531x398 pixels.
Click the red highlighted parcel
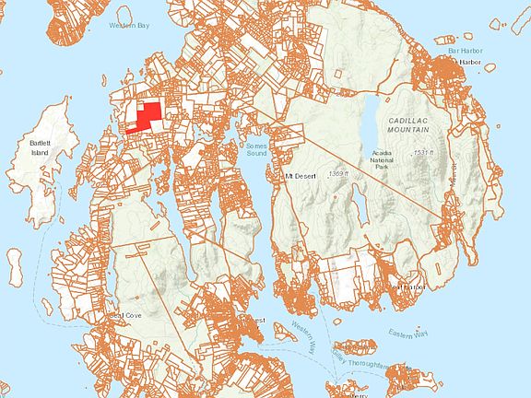(145, 117)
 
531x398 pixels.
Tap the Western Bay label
(128, 25)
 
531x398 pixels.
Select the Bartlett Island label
(38, 148)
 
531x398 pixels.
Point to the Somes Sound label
(254, 150)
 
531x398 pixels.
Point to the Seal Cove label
(125, 315)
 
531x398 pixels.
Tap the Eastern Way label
(407, 333)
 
